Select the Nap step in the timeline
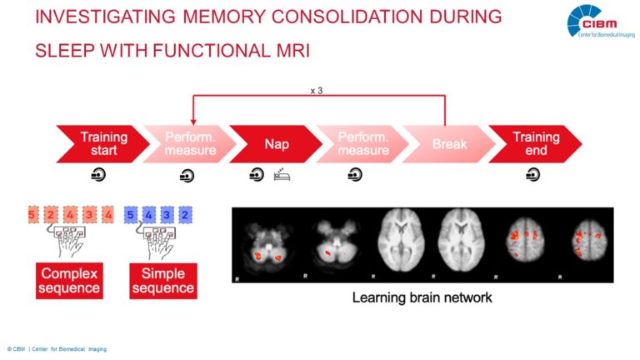coord(276,144)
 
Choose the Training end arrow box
coord(535,144)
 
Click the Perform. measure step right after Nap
coord(363,144)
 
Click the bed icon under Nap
coord(281,176)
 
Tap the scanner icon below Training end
coord(532,176)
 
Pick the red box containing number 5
coord(32,214)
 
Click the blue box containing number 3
coord(167,214)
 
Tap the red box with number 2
coord(51,214)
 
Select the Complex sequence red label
coord(70,281)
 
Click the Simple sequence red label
coord(163,281)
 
